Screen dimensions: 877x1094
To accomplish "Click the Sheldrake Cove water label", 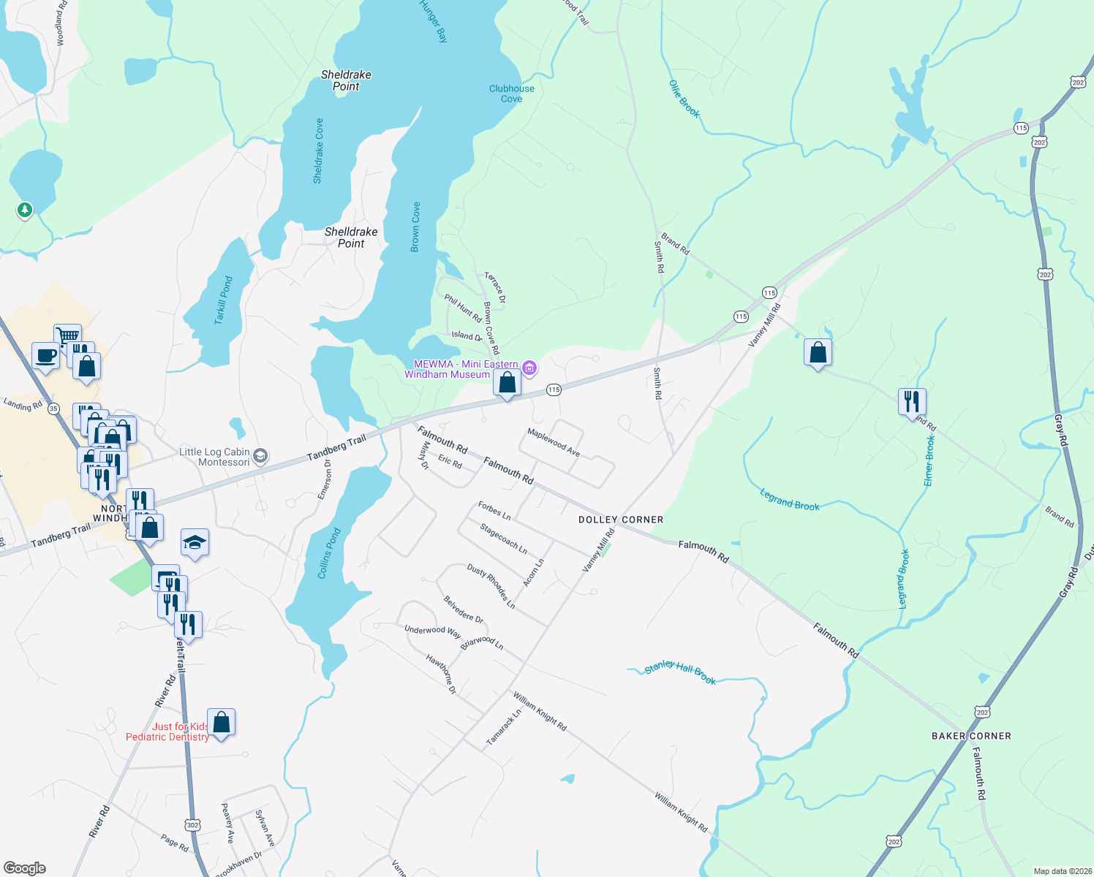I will point(318,151).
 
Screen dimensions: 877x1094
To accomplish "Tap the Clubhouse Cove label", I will point(512,94).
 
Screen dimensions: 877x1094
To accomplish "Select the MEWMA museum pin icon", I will point(530,368).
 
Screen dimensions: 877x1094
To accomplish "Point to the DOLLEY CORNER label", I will point(621,520).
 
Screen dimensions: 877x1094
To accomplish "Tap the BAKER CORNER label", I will point(971,736).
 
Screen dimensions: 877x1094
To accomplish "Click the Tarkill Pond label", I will point(224,300).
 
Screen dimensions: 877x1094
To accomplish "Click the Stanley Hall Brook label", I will point(680,672).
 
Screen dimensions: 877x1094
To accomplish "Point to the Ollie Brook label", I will point(684,99).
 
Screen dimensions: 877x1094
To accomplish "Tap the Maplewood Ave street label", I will point(554,443).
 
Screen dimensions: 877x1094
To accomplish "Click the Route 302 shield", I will point(192,825).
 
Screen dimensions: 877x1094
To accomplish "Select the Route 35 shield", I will point(53,409).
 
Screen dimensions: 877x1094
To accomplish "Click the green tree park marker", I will point(25,210).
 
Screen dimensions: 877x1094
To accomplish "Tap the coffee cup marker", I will point(45,356).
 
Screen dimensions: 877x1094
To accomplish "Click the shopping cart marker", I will point(67,335).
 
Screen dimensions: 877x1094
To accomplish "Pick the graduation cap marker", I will point(195,542).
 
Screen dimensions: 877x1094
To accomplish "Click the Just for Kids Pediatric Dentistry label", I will point(168,732).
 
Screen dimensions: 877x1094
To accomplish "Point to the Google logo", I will point(24,868).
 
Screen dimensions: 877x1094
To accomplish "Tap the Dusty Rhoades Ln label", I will point(491,586).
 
